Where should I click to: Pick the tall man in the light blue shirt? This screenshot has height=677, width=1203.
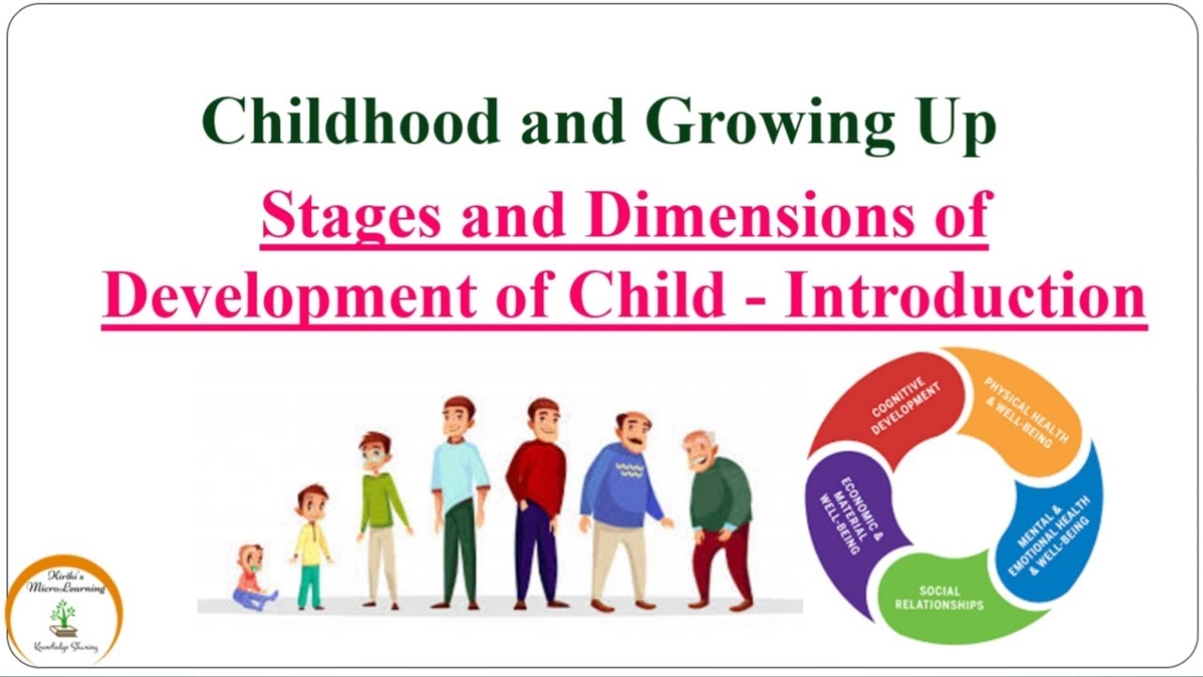(460, 498)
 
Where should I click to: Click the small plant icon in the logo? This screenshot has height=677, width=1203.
(62, 616)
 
